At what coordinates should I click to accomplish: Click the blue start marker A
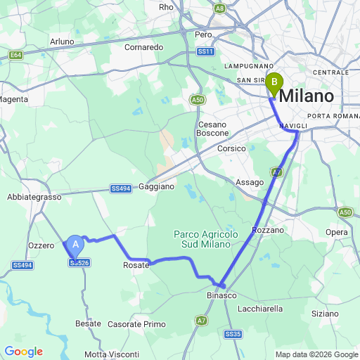point(76,245)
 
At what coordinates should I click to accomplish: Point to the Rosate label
point(136,265)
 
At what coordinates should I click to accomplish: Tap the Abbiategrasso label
point(34,198)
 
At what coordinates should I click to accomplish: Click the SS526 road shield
point(79,263)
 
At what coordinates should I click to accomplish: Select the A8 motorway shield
point(220,8)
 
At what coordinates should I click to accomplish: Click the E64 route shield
point(15,54)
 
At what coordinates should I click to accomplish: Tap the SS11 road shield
point(205,51)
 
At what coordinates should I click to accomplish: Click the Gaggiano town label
point(156,186)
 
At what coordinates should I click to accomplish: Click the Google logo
point(24,352)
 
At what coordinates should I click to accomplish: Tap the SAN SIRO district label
point(254,80)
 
